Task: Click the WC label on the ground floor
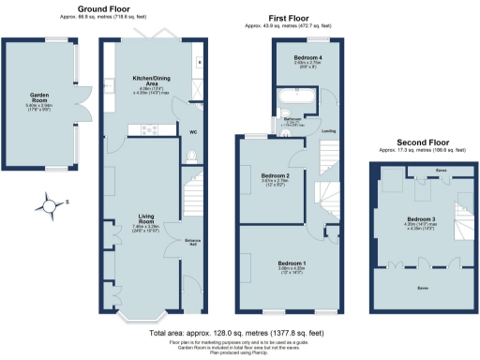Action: tap(193, 132)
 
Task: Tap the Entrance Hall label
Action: tap(193, 242)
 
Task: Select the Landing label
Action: tap(328, 131)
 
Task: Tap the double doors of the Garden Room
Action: tap(82, 104)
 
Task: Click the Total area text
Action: tap(239, 333)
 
